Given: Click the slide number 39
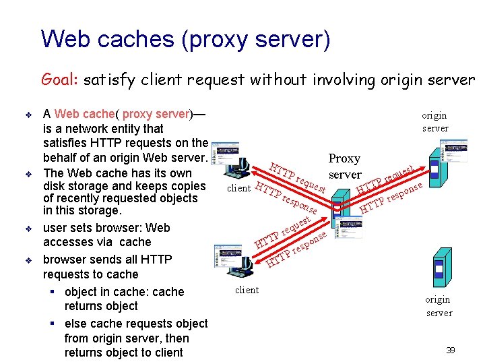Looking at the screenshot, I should [451, 350].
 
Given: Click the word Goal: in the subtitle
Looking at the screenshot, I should [61, 80].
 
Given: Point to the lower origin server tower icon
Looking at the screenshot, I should [443, 270].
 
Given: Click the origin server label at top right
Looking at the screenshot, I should [434, 121].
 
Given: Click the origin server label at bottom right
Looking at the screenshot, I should [439, 306].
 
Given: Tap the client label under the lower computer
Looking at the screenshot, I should [247, 290].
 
